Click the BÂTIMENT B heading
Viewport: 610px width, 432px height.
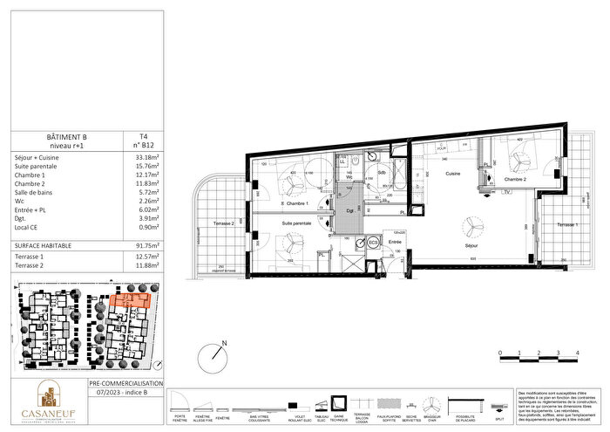pos(66,137)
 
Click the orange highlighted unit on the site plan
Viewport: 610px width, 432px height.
pos(132,300)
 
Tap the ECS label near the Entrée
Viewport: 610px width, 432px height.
pos(372,242)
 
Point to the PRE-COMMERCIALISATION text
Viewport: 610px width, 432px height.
pos(126,383)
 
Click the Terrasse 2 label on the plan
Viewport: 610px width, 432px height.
pos(221,224)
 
